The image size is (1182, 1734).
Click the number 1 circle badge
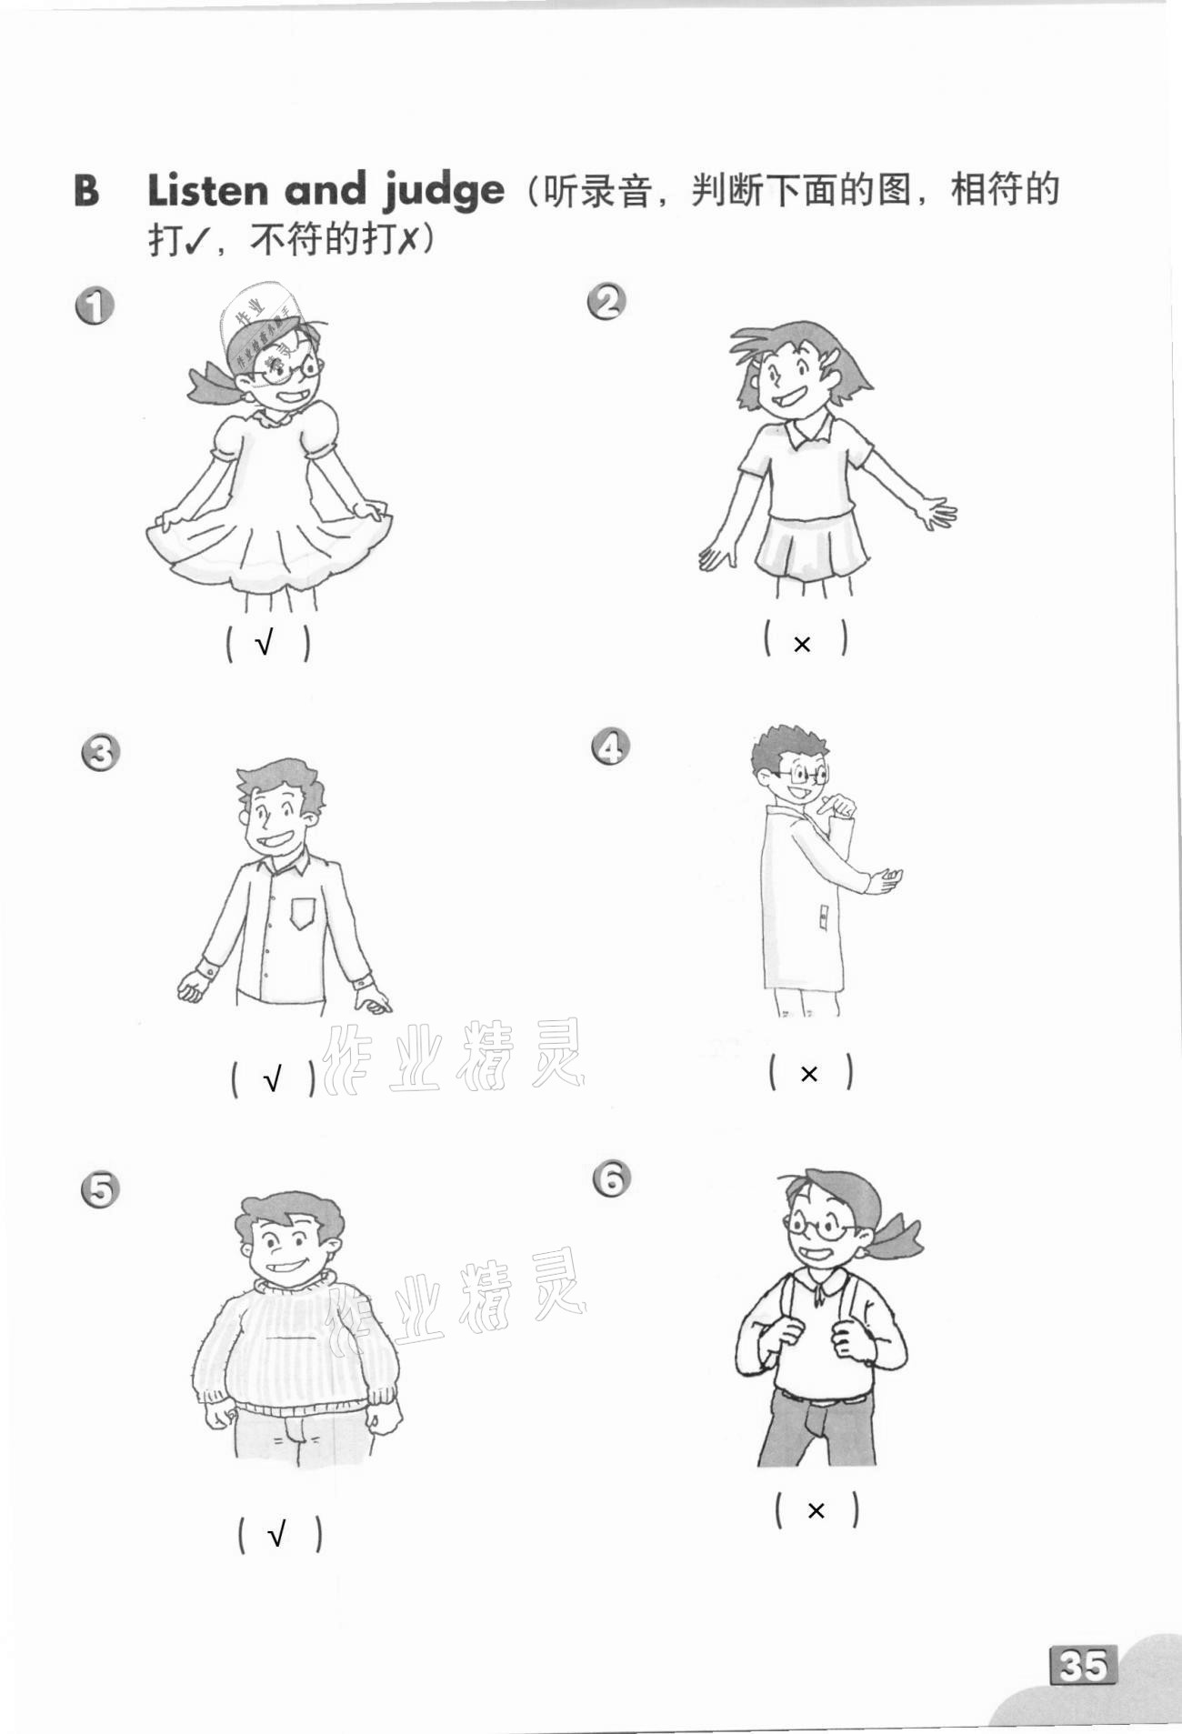(95, 306)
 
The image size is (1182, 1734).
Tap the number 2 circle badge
(607, 301)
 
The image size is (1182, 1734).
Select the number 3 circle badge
(100, 753)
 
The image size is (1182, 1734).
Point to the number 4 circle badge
(611, 747)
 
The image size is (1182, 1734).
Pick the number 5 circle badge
(100, 1190)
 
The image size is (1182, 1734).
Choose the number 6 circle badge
(612, 1179)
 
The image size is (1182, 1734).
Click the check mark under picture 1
(265, 644)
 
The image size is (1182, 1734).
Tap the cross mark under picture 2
(802, 644)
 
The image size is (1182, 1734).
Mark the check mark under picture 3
(272, 1079)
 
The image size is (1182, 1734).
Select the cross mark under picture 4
(808, 1074)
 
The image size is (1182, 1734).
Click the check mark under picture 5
(277, 1535)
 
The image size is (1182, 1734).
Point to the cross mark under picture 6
(816, 1510)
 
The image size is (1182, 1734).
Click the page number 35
(1084, 1665)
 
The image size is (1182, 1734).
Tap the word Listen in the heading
(208, 189)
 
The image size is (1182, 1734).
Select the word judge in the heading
(443, 191)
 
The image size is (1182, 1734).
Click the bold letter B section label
(86, 190)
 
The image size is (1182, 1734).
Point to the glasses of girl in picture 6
(823, 1228)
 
